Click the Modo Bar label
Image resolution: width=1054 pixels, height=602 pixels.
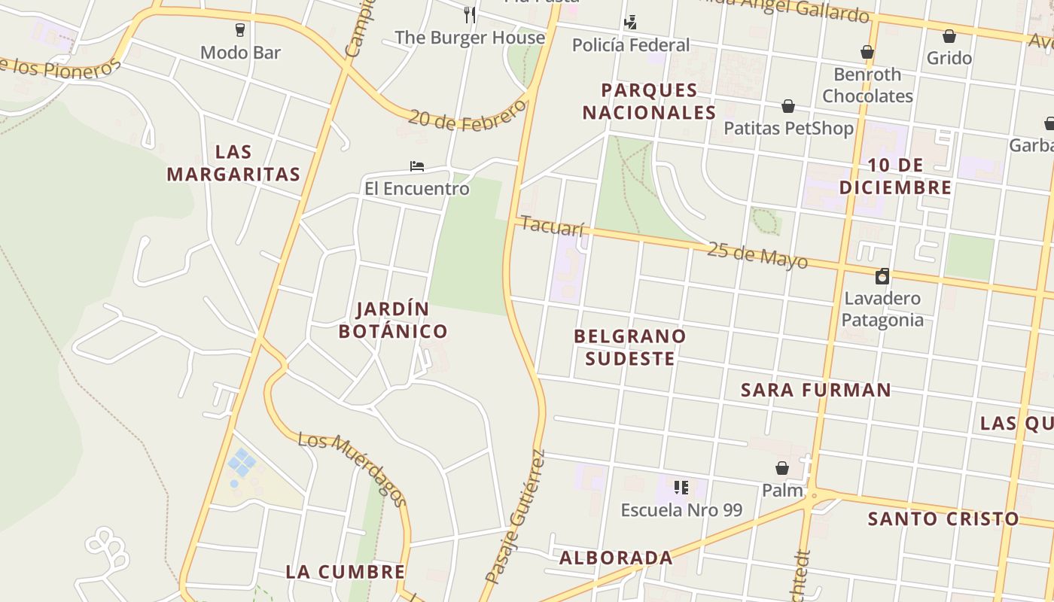click(240, 53)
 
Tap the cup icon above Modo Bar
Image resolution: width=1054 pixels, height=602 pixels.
click(240, 30)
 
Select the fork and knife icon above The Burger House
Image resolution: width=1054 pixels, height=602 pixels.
click(470, 14)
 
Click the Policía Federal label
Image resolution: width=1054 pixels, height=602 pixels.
click(630, 45)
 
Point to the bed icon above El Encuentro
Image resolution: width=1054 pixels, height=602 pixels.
click(417, 166)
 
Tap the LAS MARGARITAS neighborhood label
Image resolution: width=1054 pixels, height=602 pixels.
click(233, 163)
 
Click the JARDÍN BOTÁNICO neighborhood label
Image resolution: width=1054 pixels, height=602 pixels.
click(393, 320)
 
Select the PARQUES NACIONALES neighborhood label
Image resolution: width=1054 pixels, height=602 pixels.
click(649, 102)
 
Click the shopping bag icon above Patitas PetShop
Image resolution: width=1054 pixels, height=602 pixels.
click(788, 106)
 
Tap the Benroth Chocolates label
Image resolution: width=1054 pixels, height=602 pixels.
click(867, 85)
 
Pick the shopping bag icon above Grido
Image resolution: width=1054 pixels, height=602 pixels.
click(949, 36)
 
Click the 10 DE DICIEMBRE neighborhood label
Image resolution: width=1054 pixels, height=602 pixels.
click(895, 176)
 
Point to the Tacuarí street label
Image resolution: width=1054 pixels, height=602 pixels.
click(552, 226)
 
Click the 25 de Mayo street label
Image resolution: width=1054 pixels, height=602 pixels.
click(757, 256)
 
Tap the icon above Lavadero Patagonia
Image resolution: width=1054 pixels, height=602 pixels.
click(882, 276)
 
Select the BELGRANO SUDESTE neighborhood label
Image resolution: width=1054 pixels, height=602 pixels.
click(630, 347)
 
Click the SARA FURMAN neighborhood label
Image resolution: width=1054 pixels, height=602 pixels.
click(816, 390)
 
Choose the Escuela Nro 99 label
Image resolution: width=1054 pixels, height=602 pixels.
click(681, 510)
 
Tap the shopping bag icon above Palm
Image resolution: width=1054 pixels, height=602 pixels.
click(782, 468)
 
